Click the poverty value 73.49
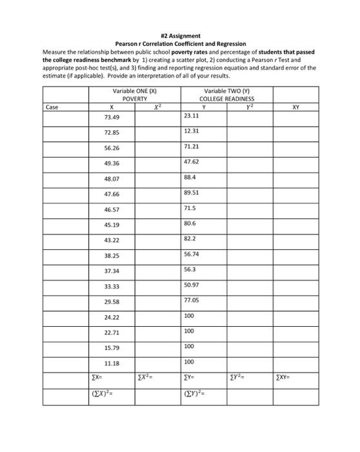pos(112,118)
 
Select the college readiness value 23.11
pos(191,116)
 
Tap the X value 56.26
pos(112,147)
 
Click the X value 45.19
pos(112,225)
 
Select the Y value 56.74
pos(191,254)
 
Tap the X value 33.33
pos(112,286)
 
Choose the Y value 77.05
pos(191,300)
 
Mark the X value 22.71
pos(112,333)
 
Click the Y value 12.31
pos(191,131)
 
